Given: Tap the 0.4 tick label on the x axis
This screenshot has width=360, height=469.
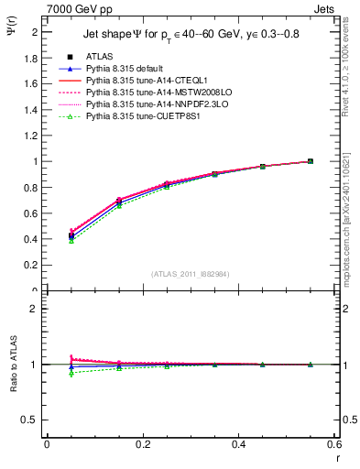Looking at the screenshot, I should click(x=238, y=446).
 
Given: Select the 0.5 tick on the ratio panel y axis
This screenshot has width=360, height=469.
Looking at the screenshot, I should click(x=34, y=420).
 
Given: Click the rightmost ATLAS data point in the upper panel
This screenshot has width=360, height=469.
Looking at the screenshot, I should click(x=310, y=161).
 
